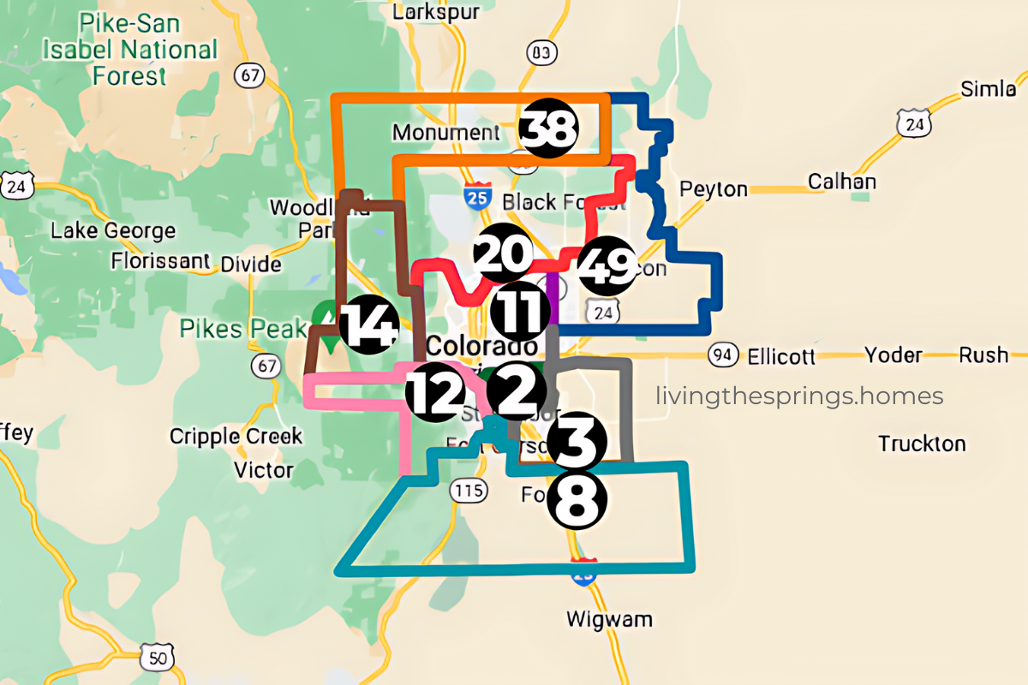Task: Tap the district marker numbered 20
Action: [503, 253]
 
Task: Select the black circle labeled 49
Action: [607, 266]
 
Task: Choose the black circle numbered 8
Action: [577, 501]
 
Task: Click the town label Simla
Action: [989, 89]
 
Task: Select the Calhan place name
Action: [842, 182]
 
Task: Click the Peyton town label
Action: [713, 188]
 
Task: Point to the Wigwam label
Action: [609, 618]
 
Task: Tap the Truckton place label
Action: [922, 444]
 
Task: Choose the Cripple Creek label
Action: [236, 436]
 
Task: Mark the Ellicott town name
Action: [780, 355]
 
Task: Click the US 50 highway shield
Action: [158, 657]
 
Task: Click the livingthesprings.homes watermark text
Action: [798, 396]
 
